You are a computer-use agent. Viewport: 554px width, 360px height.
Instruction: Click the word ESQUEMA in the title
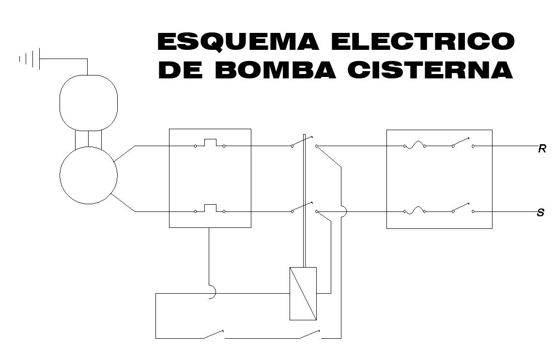click(238, 42)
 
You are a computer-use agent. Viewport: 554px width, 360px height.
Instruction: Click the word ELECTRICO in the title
click(422, 42)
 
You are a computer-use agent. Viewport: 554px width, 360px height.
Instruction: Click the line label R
click(542, 150)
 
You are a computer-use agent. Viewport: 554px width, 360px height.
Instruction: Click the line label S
click(541, 213)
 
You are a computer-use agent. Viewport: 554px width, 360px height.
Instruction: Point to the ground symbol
click(29, 59)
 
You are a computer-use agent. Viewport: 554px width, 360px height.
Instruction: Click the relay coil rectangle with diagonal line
click(303, 293)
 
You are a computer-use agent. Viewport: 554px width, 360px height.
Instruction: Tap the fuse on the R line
click(415, 144)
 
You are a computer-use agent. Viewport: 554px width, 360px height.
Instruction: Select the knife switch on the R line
click(462, 143)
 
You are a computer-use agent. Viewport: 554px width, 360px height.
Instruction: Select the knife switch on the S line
click(462, 209)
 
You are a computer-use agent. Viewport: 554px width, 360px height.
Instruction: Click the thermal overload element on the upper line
click(210, 143)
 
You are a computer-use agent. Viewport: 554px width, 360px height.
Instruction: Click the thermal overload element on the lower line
click(210, 209)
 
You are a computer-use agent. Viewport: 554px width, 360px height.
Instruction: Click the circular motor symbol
click(89, 175)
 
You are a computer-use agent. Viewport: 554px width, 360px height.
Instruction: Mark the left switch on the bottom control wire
click(213, 334)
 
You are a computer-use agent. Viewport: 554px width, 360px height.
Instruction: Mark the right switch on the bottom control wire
click(309, 334)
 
